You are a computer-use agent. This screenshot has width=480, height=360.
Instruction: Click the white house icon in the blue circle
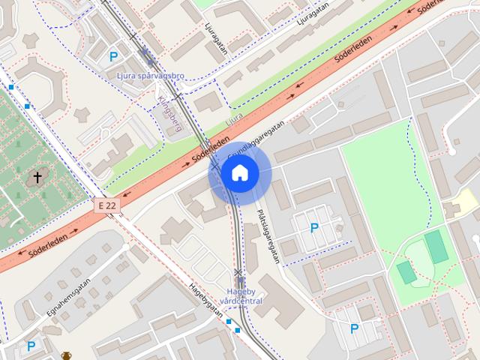coord(239,173)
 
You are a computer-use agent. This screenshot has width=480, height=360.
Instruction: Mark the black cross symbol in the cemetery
coord(37,178)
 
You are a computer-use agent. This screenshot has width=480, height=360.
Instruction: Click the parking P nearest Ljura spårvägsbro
coord(114,56)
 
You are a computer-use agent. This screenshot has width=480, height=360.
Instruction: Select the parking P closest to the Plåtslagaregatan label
coord(314,228)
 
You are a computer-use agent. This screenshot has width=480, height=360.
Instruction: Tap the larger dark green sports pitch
coord(436,247)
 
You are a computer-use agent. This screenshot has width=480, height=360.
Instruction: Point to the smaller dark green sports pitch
coord(406,272)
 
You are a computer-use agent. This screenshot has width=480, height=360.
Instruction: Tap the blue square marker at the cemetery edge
coord(28,106)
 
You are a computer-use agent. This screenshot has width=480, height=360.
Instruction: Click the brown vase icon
coord(67,355)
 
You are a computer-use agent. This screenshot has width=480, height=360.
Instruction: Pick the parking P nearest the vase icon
coord(31,346)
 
